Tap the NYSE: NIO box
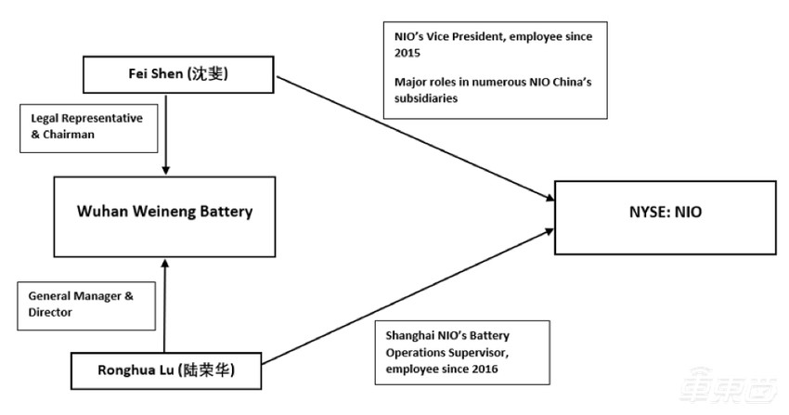click(665, 213)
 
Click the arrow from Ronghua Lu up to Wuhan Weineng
click(165, 306)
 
